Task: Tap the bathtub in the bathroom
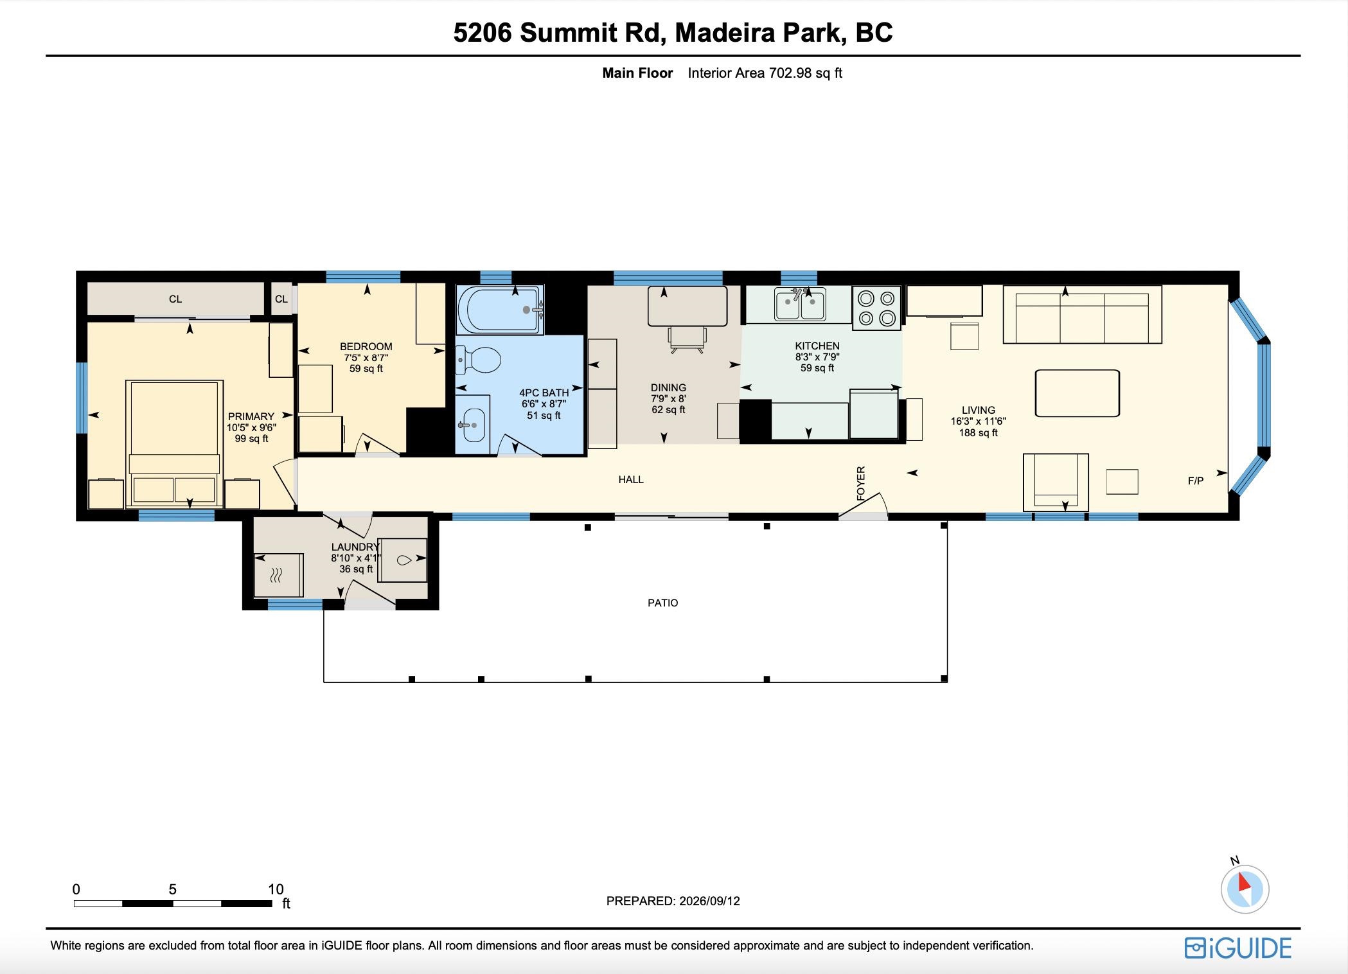(x=500, y=309)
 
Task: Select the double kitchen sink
(x=800, y=304)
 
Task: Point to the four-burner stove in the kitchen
(x=877, y=308)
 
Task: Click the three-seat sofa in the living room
(x=1083, y=315)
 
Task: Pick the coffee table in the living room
(x=1078, y=393)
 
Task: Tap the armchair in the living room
(x=1056, y=482)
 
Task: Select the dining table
(x=687, y=306)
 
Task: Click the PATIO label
(x=663, y=603)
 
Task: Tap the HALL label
(x=631, y=479)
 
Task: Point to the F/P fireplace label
(x=1196, y=481)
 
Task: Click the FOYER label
(x=861, y=483)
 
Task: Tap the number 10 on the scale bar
(x=276, y=889)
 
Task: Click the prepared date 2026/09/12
(x=709, y=901)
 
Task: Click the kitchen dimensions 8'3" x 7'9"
(x=817, y=357)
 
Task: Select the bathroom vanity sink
(x=472, y=425)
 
